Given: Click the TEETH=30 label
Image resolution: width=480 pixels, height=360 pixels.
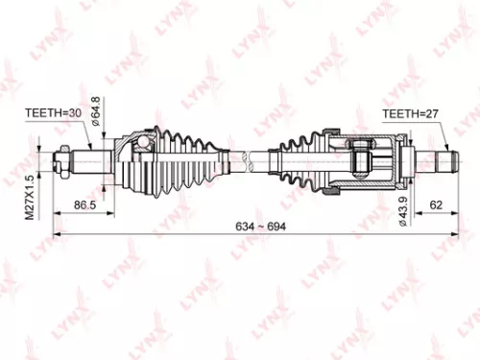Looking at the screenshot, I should (52, 113).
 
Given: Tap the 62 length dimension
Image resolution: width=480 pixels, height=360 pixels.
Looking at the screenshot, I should (437, 204).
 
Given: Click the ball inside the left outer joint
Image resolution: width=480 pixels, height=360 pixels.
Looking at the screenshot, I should (144, 146).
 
